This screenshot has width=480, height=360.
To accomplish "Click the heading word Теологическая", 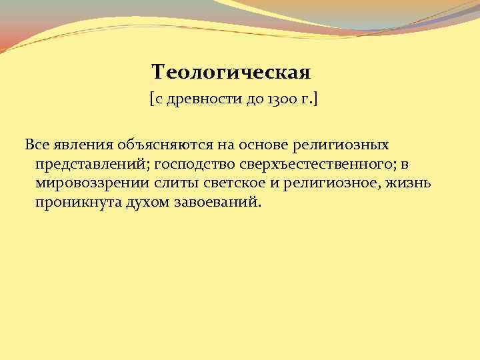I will click(231, 71).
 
